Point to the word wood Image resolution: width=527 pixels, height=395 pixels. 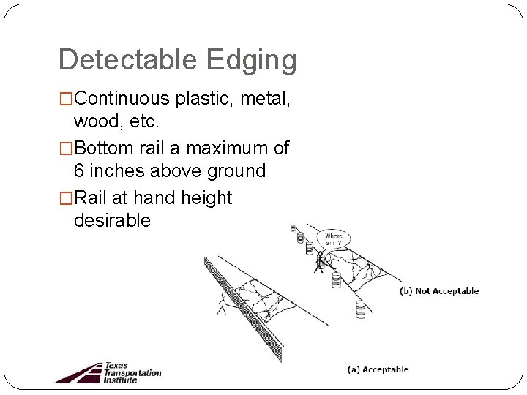click(97, 120)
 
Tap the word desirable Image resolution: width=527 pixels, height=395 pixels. click(112, 220)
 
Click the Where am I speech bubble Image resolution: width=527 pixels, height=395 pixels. click(333, 239)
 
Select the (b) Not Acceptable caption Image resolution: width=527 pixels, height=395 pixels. click(439, 291)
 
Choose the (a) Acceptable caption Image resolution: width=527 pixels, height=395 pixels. click(378, 369)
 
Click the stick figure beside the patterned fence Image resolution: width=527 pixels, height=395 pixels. click(222, 303)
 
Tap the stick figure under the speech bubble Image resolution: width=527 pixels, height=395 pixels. click(319, 261)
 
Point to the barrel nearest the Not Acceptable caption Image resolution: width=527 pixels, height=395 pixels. click(360, 309)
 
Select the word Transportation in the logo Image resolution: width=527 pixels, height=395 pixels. click(132, 372)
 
